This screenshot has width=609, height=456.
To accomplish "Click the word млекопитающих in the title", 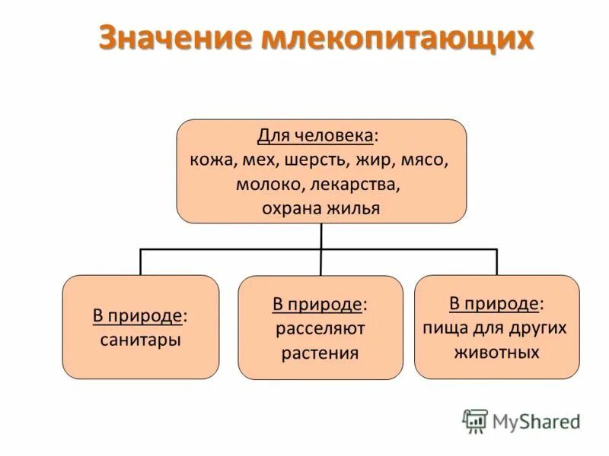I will tap(397, 40).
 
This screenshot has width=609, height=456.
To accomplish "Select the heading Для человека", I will tap(316, 136).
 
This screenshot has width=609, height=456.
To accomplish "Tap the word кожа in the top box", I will tap(212, 160).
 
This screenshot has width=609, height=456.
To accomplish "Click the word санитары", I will tap(140, 340).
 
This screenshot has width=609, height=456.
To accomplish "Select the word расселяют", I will tap(320, 329).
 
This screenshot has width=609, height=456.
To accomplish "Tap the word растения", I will tap(320, 353).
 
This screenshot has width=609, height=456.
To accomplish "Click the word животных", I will tap(496, 353).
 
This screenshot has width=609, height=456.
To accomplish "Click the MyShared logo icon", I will tap(475, 420).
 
